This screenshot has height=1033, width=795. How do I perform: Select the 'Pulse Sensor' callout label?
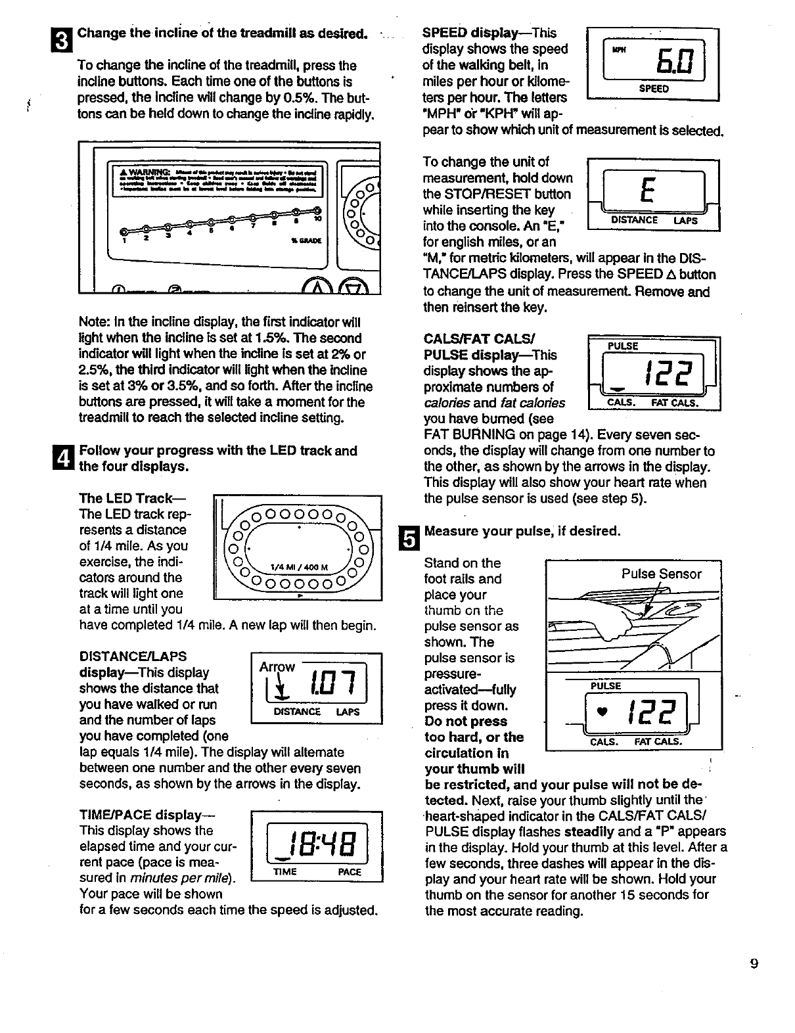pos(661,574)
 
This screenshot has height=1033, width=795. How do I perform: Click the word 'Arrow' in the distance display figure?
pos(277,666)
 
